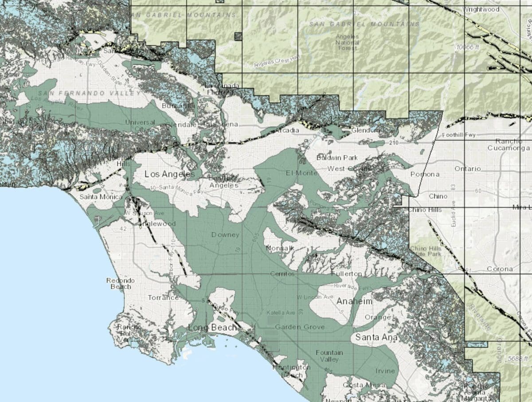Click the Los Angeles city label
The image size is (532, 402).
pos(170,175)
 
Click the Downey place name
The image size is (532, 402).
pos(225,235)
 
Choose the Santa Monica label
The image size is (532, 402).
pos(95,197)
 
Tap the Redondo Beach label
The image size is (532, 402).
pos(119,284)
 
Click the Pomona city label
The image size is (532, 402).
pos(425,174)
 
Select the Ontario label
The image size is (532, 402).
pos(467,169)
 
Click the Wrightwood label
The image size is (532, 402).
pos(481,9)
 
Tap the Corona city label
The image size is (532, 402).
pos(500,269)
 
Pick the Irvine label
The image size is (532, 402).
pos(385,371)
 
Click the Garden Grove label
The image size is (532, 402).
pos(300,327)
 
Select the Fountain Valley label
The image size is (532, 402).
pos(329,355)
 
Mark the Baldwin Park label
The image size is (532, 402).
pos(337,158)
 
